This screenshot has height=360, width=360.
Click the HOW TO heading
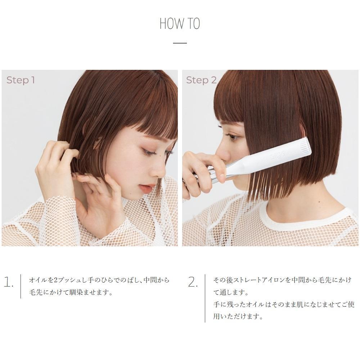point(180,24)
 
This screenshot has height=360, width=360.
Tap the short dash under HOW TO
point(180,43)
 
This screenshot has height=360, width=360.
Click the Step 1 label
point(21,80)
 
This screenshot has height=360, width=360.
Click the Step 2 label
point(201,80)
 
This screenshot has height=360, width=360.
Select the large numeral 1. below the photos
point(9,282)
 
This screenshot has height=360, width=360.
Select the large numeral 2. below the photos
point(193,282)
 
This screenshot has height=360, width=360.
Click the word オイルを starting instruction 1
point(41,280)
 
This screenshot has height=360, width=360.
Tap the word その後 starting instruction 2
point(222,280)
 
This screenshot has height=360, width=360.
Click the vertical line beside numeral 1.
point(21,286)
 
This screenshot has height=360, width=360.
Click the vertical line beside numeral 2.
point(205,298)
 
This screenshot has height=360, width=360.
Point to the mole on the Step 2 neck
point(319,202)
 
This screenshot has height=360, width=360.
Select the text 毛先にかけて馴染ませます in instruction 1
point(69,292)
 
